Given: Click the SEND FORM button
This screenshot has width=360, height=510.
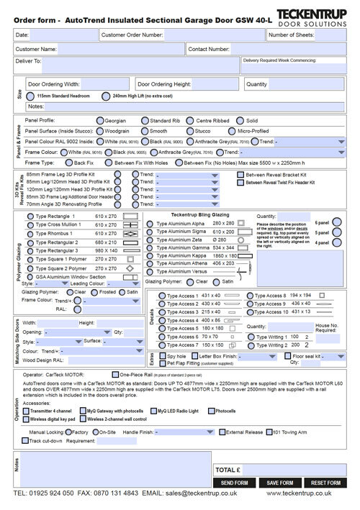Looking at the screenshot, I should click(x=235, y=481).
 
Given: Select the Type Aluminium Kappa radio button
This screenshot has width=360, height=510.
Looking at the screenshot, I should click(x=151, y=255).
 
